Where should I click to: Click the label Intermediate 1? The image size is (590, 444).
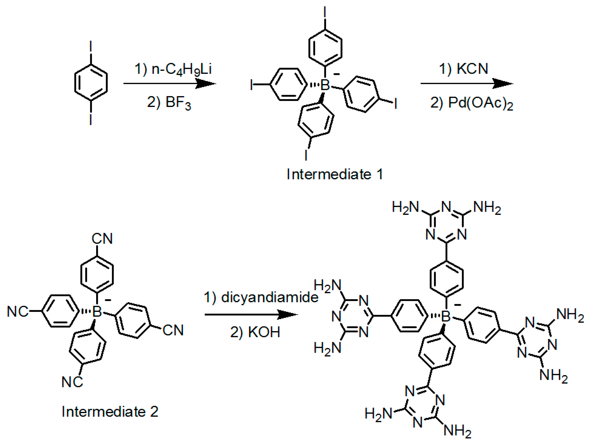pos(335,175)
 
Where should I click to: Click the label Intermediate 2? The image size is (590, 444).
pos(110,411)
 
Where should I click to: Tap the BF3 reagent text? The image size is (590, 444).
pos(178,103)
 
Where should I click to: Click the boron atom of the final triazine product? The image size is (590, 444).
pos(446,316)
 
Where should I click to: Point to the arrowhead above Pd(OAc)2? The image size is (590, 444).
pos(503,84)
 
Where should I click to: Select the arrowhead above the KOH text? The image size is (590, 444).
pos(288,314)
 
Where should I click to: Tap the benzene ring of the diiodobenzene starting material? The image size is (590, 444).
pos(91,83)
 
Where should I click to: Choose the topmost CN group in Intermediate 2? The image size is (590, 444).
pos(102,239)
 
